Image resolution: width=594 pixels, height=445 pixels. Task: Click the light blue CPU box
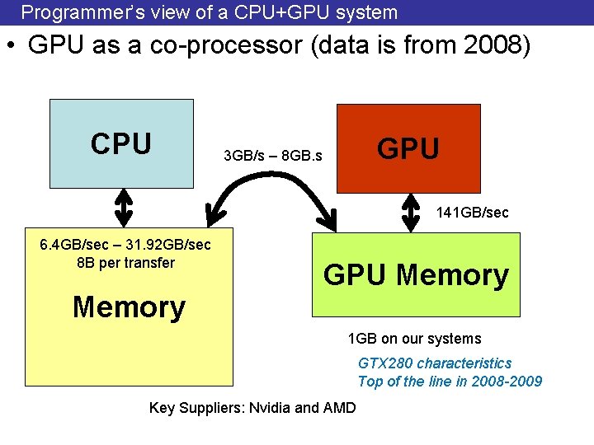[121, 144]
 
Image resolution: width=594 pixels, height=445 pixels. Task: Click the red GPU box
[408, 148]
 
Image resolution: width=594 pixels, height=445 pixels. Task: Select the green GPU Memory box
[416, 274]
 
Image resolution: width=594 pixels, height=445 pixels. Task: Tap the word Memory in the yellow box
[129, 307]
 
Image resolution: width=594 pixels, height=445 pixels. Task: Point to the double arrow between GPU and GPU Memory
[411, 212]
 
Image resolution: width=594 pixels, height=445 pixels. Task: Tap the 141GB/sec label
[472, 213]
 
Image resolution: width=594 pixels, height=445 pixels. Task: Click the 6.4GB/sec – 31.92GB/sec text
[125, 245]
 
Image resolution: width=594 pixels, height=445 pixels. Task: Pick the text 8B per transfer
[125, 263]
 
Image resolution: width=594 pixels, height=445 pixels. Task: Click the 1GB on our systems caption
[414, 339]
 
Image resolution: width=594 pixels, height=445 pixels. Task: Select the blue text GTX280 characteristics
[435, 363]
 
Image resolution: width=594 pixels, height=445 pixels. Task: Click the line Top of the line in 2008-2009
[450, 381]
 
